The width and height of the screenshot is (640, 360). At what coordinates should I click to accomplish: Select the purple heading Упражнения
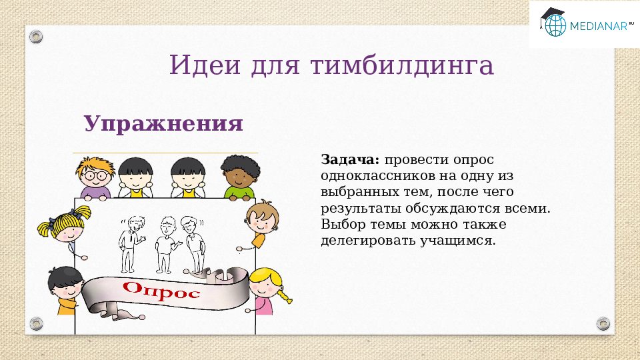click(x=163, y=124)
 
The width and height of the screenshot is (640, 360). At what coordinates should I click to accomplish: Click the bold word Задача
click(x=350, y=161)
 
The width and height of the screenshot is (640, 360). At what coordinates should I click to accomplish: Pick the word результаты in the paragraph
click(x=355, y=209)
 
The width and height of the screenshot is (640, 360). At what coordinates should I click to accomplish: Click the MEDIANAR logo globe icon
click(x=555, y=24)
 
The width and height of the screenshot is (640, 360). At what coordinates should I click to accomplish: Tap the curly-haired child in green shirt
click(x=239, y=177)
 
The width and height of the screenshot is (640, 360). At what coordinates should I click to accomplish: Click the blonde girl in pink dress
click(x=269, y=291)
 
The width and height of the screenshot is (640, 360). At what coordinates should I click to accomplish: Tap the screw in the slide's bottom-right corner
click(x=603, y=323)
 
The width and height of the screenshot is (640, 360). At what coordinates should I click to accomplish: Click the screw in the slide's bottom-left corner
click(x=36, y=323)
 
